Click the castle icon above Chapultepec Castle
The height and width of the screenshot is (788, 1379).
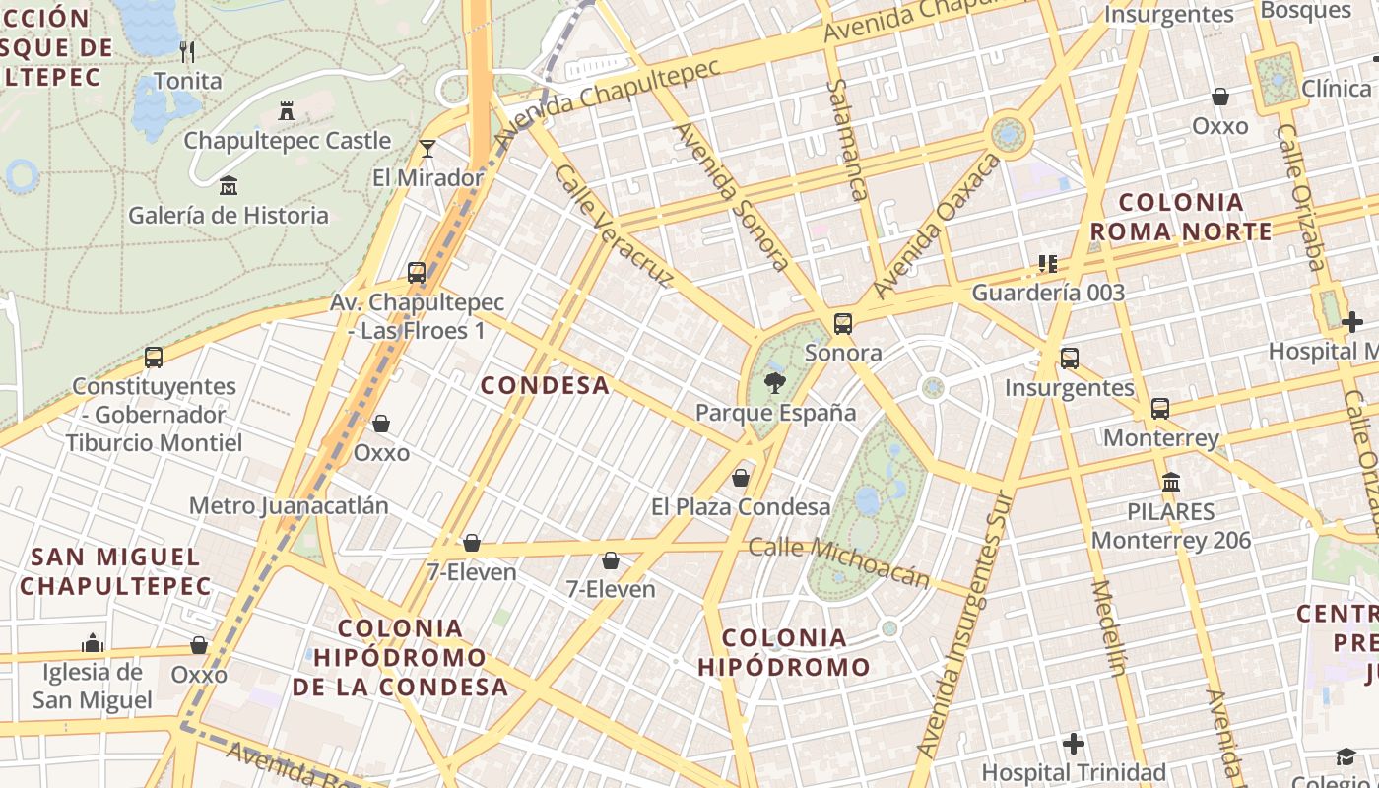(x=287, y=110)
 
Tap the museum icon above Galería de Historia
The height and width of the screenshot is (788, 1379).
(x=229, y=185)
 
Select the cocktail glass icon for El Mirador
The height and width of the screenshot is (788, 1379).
(x=427, y=149)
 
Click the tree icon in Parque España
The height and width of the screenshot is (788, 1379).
(x=775, y=383)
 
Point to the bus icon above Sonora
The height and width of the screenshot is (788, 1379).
(x=842, y=323)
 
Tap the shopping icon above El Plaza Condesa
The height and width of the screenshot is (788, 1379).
(x=740, y=478)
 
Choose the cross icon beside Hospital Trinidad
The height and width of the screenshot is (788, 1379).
(x=1074, y=743)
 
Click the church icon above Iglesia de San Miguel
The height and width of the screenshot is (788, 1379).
(x=93, y=643)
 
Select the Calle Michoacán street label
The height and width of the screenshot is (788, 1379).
(x=839, y=560)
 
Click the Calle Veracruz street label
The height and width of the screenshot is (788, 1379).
(x=613, y=226)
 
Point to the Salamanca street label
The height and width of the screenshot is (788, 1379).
(x=847, y=139)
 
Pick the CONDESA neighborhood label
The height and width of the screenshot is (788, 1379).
(x=545, y=385)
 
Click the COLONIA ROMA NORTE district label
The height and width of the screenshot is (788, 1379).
(x=1181, y=217)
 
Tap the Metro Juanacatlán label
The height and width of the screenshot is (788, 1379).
(x=289, y=506)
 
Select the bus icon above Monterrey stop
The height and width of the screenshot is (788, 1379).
(x=1160, y=408)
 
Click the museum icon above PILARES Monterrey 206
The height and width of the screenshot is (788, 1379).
(x=1171, y=483)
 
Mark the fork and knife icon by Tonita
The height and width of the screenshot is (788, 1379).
(x=187, y=51)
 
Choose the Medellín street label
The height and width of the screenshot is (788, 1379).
(x=1108, y=627)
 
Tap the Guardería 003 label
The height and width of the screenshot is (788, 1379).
(x=1048, y=293)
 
